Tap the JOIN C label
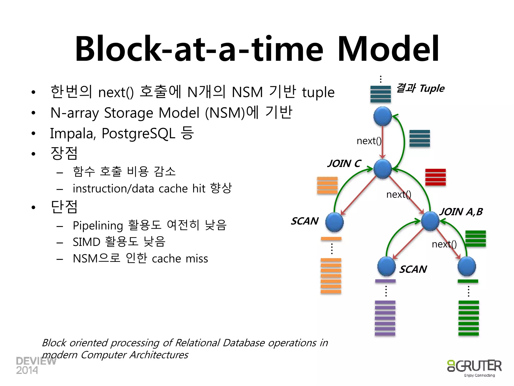344,164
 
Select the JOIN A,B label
461,212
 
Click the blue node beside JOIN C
382,169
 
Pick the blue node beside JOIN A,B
430,221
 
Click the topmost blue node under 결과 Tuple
382,116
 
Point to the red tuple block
435,177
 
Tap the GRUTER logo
474,367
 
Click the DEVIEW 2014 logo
35,365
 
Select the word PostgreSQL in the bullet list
138,133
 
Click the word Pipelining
98,225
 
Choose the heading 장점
64,153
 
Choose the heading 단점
64,207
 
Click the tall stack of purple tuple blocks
385,318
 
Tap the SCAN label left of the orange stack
305,221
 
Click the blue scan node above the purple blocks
387,266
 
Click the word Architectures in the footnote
159,355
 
